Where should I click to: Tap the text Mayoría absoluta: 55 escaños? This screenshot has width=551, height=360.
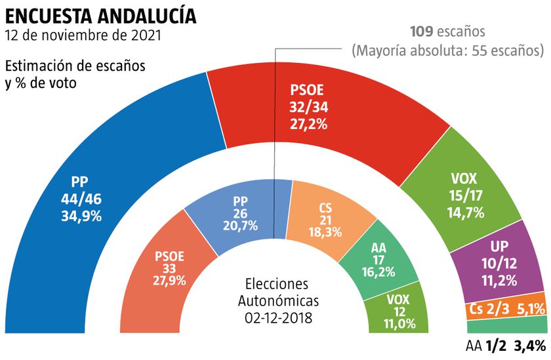pyautogui.click(x=448, y=50)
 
